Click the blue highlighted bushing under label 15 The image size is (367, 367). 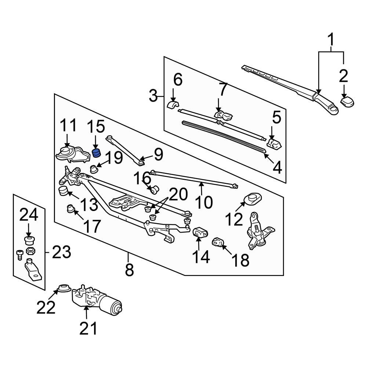click(x=96, y=152)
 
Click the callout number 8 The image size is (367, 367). click(x=129, y=271)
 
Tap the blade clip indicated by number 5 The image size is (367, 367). click(x=275, y=144)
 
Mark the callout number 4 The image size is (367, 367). click(x=277, y=168)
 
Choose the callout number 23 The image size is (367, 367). click(x=61, y=252)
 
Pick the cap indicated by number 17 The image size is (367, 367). click(x=70, y=209)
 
